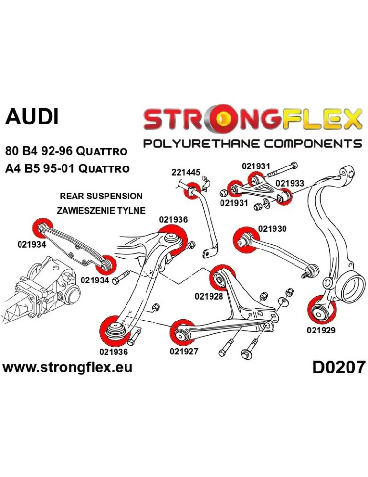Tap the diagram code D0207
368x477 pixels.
(338, 367)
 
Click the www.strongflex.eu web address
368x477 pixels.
(67, 367)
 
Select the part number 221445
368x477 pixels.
(186, 172)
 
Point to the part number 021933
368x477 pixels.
(289, 183)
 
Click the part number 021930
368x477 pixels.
(272, 229)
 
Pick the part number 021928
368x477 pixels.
(209, 296)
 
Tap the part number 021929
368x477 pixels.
(321, 330)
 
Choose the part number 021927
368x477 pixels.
(184, 352)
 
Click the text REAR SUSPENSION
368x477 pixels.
(101, 196)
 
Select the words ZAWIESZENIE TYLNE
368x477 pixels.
(101, 210)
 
